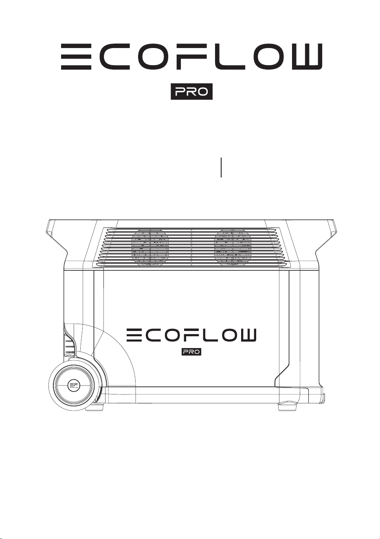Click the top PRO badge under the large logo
click(x=192, y=92)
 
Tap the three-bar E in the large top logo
click(x=76, y=57)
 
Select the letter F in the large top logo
click(x=191, y=57)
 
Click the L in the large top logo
click(x=225, y=57)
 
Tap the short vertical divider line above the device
click(x=221, y=167)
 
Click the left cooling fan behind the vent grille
click(x=150, y=248)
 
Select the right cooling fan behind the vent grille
click(x=233, y=248)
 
